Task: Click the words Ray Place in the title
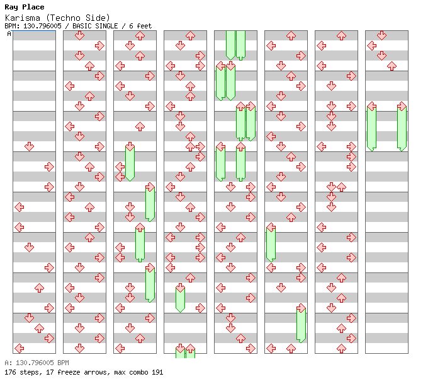click(25, 7)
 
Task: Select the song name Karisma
click(23, 18)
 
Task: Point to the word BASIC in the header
click(82, 26)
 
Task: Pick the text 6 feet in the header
click(140, 26)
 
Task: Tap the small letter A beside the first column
click(9, 33)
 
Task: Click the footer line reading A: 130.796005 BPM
click(37, 363)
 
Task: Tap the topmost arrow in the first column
click(29, 147)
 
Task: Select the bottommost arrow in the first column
click(19, 348)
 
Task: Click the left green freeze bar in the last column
click(371, 128)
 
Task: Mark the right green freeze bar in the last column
click(402, 128)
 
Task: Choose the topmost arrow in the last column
click(381, 35)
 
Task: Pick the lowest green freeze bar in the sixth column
click(301, 325)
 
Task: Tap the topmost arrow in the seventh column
click(341, 35)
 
